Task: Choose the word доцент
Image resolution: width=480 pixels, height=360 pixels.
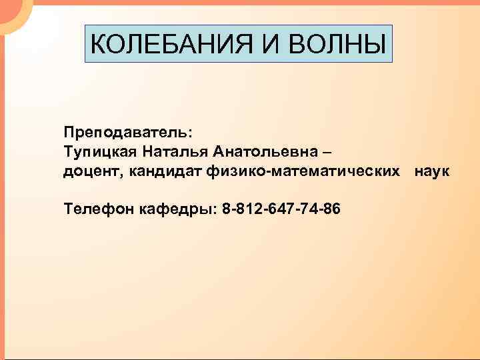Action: tap(90, 172)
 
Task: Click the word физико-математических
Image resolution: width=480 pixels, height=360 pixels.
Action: tap(307, 172)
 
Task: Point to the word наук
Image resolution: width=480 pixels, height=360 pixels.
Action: tap(432, 172)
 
